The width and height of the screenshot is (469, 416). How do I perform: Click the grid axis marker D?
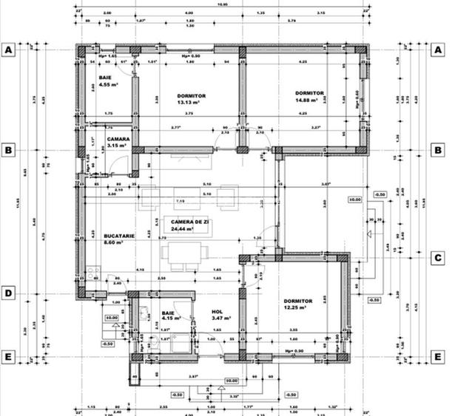click(8, 293)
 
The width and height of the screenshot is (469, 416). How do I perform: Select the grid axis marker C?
click(439, 258)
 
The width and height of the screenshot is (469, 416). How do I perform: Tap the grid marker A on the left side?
click(8, 50)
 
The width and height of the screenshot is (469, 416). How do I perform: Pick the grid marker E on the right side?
click(439, 356)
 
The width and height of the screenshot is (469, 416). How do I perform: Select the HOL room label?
click(217, 312)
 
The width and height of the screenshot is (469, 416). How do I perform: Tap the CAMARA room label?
click(118, 139)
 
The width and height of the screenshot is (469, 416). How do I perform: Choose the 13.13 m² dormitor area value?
click(191, 103)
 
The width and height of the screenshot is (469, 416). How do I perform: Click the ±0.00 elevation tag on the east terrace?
click(354, 200)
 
